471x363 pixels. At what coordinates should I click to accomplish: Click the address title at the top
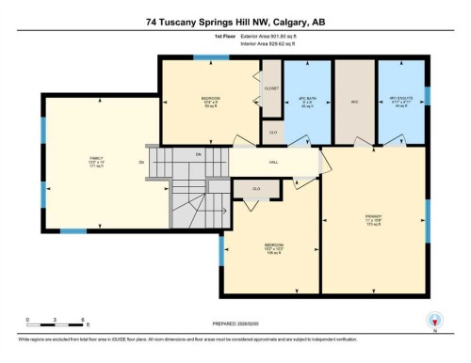pyautogui.click(x=235, y=20)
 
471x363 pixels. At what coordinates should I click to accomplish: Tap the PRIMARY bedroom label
pyautogui.click(x=371, y=222)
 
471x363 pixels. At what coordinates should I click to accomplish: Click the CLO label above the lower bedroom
pyautogui.click(x=254, y=188)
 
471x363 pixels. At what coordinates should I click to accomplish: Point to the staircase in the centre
pyautogui.click(x=193, y=188)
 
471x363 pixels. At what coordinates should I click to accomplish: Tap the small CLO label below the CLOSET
pyautogui.click(x=272, y=132)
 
